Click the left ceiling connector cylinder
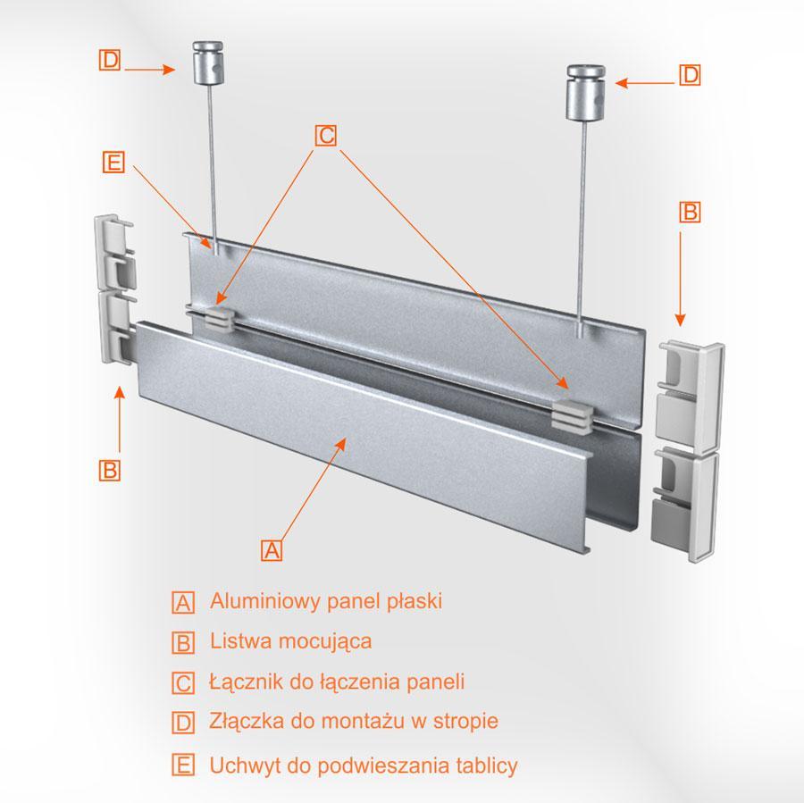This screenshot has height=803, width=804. (x=207, y=63)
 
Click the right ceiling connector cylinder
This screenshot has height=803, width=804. (x=585, y=92)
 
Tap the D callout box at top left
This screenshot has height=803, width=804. (x=109, y=60)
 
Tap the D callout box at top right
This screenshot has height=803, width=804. (x=690, y=75)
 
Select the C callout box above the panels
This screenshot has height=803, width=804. (x=325, y=136)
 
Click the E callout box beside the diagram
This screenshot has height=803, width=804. (x=113, y=162)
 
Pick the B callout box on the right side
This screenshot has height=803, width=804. (x=690, y=212)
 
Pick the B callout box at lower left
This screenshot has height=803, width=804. (x=109, y=470)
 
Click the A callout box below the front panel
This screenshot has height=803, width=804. (x=272, y=550)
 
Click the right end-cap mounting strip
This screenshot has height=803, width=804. (x=687, y=450)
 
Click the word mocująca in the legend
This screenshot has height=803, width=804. (x=325, y=642)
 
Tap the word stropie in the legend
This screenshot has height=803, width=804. (x=465, y=721)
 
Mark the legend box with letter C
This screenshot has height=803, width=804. (x=183, y=683)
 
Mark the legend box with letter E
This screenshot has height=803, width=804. (x=183, y=765)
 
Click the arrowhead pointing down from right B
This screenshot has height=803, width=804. (x=680, y=320)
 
